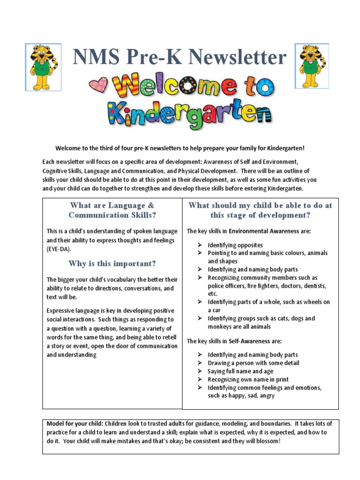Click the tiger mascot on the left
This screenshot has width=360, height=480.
click(43, 66)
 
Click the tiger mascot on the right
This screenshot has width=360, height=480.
click(311, 66)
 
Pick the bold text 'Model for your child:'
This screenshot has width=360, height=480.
click(77, 424)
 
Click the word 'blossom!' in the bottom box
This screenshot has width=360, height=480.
click(266, 441)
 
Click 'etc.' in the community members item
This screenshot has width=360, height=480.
click(213, 294)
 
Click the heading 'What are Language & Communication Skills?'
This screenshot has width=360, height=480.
click(112, 210)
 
